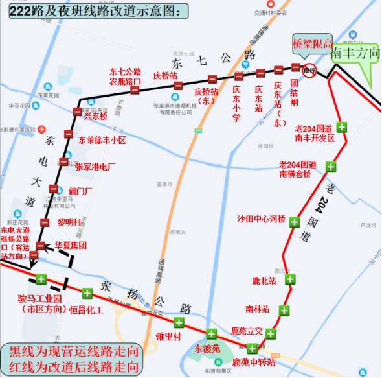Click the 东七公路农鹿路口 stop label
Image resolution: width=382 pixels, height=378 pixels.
point(125,77)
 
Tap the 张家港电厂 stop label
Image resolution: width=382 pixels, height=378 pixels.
point(95,167)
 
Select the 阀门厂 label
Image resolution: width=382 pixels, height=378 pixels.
point(80,191)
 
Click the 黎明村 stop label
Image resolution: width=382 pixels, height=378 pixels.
point(69,221)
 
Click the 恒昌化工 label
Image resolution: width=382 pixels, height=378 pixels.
point(86,309)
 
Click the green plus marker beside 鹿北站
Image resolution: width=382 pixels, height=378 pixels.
point(291,279)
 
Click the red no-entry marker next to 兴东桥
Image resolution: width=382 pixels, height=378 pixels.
point(78,112)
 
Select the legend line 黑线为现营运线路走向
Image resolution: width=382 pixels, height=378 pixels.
point(73,351)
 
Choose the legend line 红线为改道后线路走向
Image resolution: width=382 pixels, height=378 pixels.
point(73,366)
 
